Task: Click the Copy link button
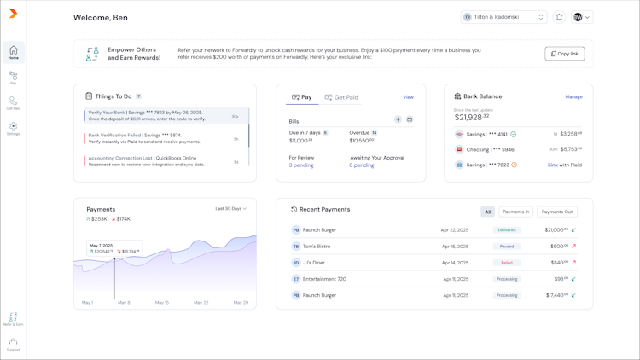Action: click(x=565, y=54)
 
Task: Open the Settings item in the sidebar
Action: click(x=13, y=129)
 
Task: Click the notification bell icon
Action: click(x=559, y=17)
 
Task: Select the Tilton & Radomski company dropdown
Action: click(x=503, y=17)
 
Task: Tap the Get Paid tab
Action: click(x=341, y=97)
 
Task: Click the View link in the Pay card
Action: click(x=408, y=97)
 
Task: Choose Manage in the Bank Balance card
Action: click(x=573, y=96)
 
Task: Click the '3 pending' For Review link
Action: click(x=301, y=165)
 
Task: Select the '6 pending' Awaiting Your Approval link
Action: click(x=362, y=165)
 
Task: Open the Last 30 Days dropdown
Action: click(x=230, y=209)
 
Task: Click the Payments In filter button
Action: click(x=515, y=212)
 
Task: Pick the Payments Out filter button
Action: click(x=557, y=212)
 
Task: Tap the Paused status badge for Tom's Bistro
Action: click(x=507, y=247)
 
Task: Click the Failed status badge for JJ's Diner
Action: click(x=507, y=263)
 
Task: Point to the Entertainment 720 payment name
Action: click(x=324, y=279)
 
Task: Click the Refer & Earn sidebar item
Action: click(x=13, y=319)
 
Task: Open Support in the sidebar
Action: click(x=13, y=345)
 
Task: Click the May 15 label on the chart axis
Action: click(x=162, y=303)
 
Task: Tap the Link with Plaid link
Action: click(x=565, y=165)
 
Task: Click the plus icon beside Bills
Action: click(x=398, y=120)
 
